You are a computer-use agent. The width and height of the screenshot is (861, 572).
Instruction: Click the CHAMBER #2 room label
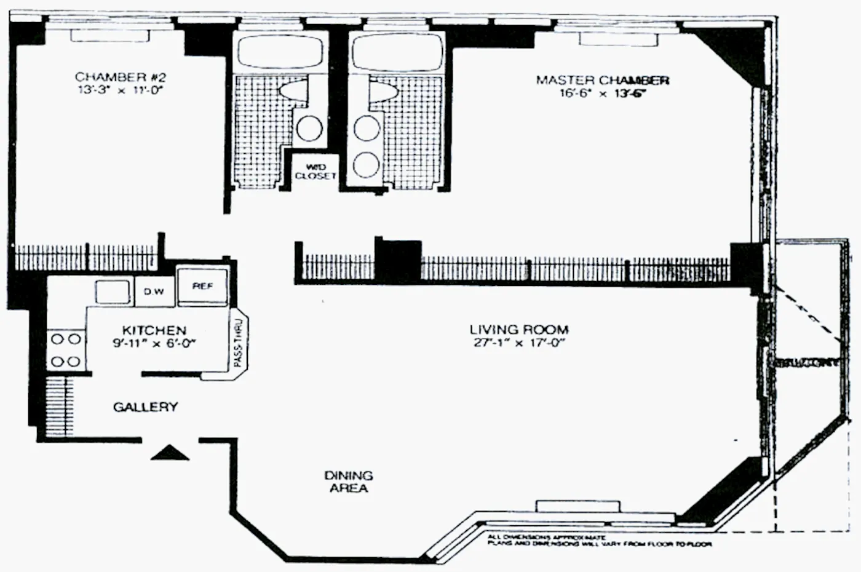tap(120, 77)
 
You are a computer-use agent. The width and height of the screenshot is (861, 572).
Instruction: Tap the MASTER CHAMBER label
tap(602, 80)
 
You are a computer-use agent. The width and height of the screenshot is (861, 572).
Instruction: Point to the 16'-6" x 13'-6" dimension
tap(602, 93)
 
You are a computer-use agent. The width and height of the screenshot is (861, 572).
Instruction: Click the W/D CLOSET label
tap(315, 172)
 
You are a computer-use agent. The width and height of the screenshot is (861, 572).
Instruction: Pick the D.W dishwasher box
tap(154, 292)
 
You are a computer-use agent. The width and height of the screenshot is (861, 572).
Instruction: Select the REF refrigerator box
tap(202, 287)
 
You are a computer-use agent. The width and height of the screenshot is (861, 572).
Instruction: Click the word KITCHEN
tap(154, 330)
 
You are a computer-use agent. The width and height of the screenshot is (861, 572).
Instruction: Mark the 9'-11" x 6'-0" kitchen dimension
tap(154, 344)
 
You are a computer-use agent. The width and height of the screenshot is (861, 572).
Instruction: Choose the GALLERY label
tap(146, 407)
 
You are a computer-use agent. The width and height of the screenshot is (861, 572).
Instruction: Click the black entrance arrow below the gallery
tap(170, 453)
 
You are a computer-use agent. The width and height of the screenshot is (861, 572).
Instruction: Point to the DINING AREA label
tap(349, 482)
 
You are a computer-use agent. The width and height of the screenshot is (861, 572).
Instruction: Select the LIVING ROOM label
tap(518, 330)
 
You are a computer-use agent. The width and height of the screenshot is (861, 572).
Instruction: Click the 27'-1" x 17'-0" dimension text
tap(518, 343)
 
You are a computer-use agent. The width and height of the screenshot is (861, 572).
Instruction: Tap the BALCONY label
tap(807, 363)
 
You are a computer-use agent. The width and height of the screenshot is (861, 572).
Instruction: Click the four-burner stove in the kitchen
tap(66, 349)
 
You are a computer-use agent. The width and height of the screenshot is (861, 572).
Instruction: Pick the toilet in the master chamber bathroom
tap(384, 91)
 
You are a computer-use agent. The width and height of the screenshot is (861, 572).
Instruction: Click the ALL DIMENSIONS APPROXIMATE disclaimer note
tap(600, 541)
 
